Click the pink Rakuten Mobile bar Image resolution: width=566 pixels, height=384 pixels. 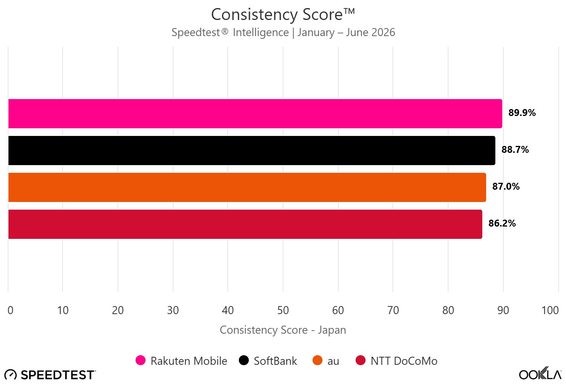click(255, 114)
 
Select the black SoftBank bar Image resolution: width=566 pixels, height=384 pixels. click(252, 151)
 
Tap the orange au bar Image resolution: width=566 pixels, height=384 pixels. click(247, 187)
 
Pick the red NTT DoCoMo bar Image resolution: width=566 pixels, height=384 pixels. click(245, 224)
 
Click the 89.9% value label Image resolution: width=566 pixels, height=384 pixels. click(522, 113)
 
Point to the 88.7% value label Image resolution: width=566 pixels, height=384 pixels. click(515, 149)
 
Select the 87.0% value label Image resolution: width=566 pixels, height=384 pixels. click(506, 187)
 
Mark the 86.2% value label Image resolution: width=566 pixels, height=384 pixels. click(502, 223)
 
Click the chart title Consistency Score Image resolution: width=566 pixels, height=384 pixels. click(283, 15)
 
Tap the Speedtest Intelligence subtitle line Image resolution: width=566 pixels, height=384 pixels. click(283, 32)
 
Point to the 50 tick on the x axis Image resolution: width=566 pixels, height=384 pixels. click(283, 310)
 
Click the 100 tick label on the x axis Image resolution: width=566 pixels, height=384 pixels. click(550, 310)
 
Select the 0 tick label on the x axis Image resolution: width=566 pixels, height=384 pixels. click(10, 310)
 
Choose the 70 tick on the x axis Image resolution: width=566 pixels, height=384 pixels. click(393, 310)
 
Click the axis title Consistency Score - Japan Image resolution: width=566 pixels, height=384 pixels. click(283, 330)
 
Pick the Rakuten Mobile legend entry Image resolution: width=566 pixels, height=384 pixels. click(181, 361)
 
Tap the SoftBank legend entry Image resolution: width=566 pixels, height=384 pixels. click(268, 361)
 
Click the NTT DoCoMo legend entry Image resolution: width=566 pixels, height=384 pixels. click(396, 361)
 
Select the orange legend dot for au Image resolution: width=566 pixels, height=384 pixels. click(317, 361)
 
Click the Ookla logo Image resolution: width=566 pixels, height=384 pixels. click(540, 373)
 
